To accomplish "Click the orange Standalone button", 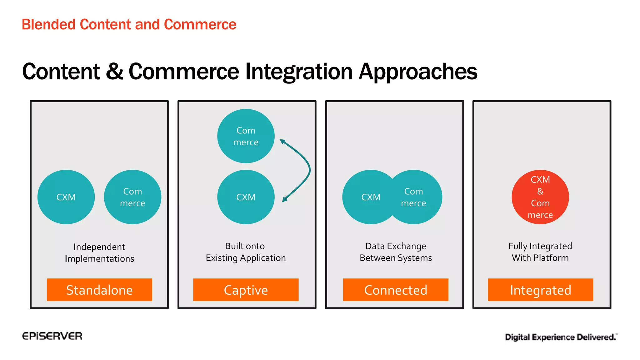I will [99, 290].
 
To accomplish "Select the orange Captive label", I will [246, 290].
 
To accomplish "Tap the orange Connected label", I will [396, 290].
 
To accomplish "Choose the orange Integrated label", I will [540, 290].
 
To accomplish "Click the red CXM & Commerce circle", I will [540, 197].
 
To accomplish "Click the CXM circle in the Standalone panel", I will [66, 197].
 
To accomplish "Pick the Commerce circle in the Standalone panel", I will [132, 197].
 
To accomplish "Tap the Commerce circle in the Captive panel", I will [246, 136].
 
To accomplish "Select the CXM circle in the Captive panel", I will [246, 197].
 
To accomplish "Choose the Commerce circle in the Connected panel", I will [417, 197].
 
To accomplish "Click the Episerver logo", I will [52, 336].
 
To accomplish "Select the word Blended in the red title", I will [48, 24].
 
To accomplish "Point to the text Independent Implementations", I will [99, 252].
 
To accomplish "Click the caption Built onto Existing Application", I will [246, 252].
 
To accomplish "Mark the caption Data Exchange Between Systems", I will [396, 252].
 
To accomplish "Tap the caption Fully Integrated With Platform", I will [540, 252].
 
